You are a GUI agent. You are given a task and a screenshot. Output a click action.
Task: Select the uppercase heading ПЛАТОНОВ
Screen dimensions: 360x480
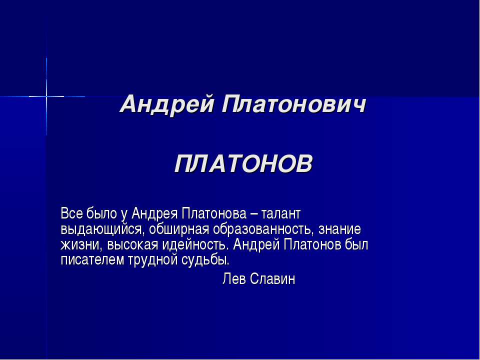[x=243, y=163]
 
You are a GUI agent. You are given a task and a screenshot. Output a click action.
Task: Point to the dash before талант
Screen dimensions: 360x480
[x=254, y=214]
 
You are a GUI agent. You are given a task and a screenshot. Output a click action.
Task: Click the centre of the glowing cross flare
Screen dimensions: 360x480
[x=46, y=95]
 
